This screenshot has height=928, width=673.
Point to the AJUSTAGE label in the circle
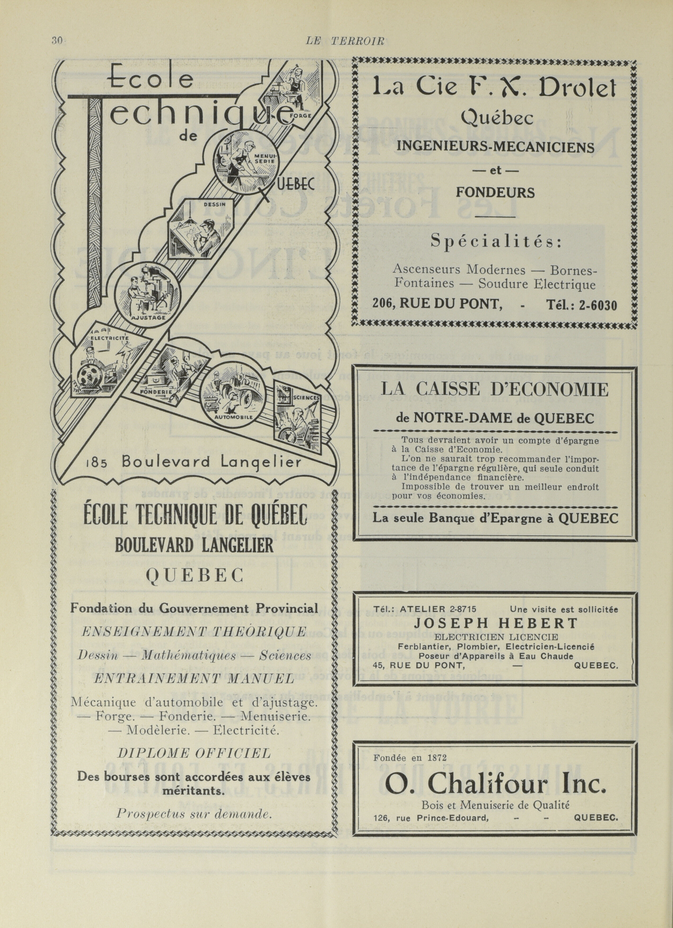148,318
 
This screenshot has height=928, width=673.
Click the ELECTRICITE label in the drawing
110,338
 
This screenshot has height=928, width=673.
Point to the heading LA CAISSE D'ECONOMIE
495,390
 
